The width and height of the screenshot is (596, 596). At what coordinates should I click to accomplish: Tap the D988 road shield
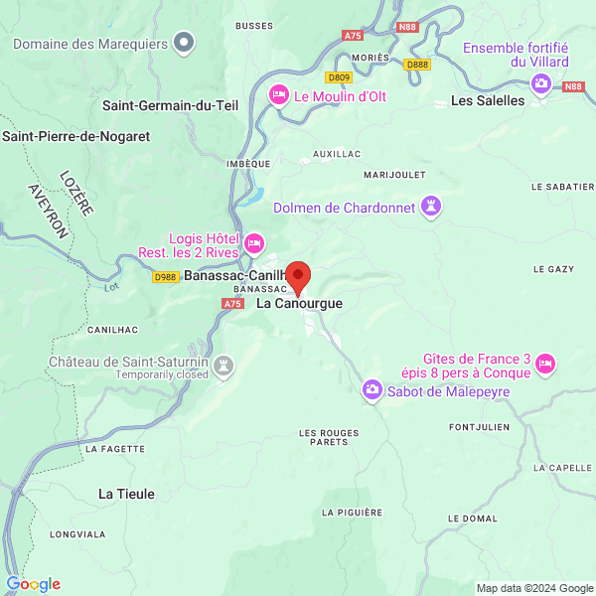166,277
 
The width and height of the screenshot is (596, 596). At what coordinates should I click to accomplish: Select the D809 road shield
340,76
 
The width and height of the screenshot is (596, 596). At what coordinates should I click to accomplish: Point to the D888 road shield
417,65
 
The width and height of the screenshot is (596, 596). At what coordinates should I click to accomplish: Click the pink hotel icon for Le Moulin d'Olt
279,94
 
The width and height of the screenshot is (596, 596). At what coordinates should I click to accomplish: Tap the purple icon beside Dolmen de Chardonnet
431,207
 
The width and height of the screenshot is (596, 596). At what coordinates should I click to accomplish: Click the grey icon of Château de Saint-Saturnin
225,367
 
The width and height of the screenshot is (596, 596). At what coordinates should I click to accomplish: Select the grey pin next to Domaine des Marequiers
184,42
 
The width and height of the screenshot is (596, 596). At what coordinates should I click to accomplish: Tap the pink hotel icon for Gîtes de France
545,366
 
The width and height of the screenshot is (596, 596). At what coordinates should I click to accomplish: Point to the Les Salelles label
487,100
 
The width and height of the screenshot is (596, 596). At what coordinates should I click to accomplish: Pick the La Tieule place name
126,493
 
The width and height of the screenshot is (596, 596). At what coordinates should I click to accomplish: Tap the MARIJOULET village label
394,175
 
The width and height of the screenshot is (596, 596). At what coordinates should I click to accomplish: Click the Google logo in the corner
33,584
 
